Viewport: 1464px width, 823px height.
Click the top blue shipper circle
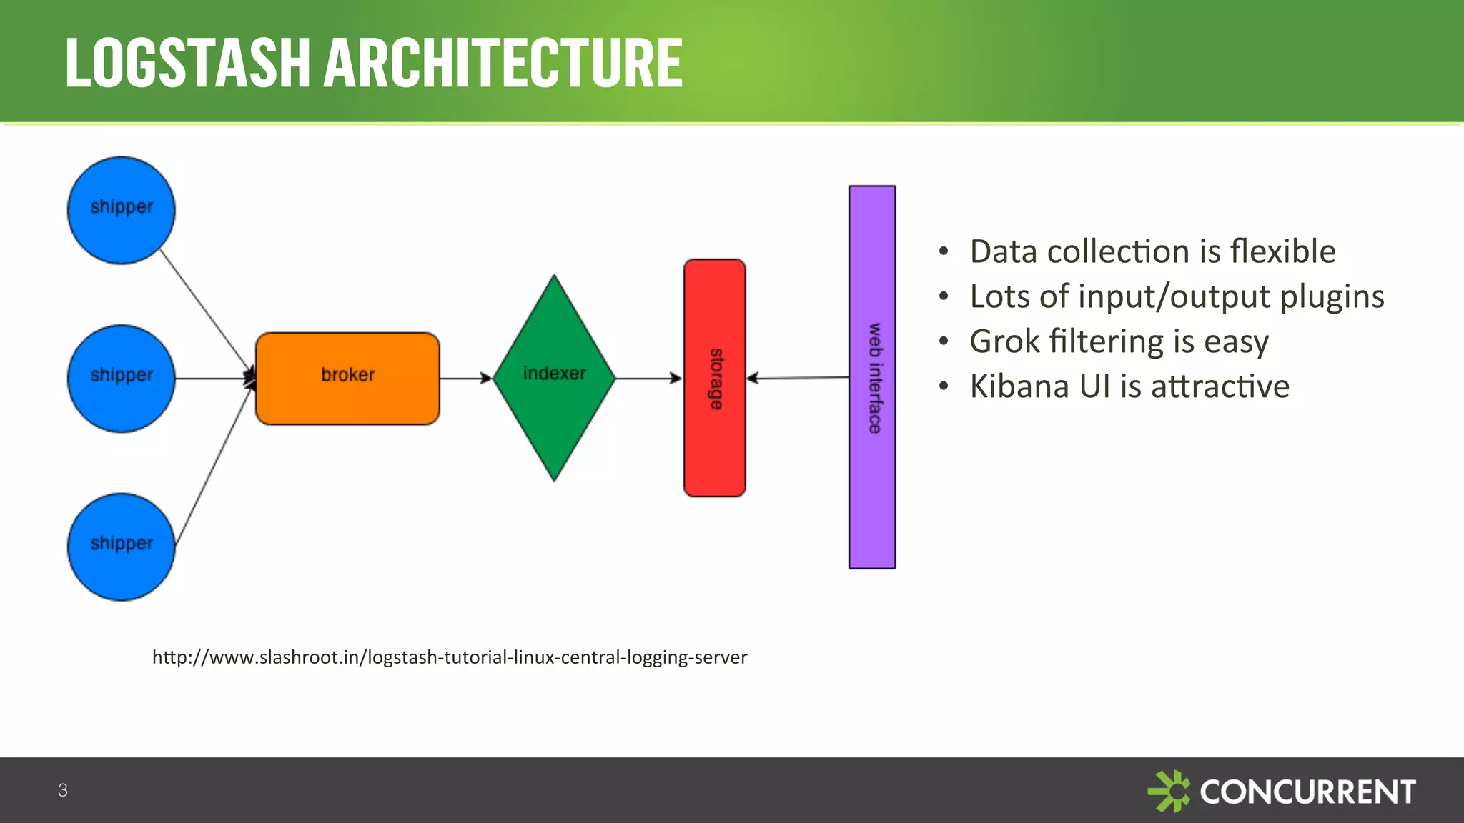click(x=122, y=211)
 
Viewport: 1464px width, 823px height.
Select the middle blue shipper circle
click(x=122, y=379)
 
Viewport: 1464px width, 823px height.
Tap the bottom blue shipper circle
click(x=122, y=547)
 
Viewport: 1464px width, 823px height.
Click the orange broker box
click(x=347, y=379)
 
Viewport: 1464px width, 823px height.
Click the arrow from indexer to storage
click(x=648, y=378)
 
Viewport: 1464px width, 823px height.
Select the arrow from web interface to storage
click(x=798, y=378)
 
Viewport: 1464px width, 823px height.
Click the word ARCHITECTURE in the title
click(x=503, y=64)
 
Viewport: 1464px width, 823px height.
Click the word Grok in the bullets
click(x=1004, y=341)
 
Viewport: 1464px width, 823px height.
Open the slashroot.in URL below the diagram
click(x=450, y=657)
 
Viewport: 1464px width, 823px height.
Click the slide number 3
click(x=63, y=790)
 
